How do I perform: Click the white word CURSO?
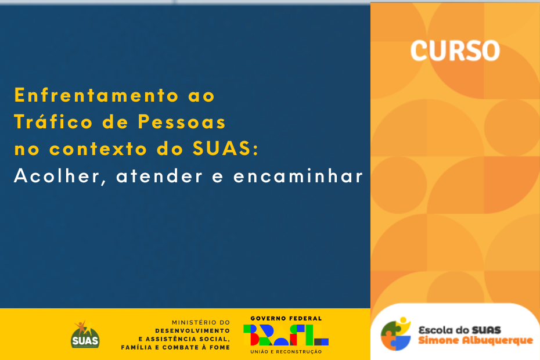455,51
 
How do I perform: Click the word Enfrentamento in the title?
96,95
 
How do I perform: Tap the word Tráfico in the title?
53,121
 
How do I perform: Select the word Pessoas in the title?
182,122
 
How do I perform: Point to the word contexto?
98,149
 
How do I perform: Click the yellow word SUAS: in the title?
225,149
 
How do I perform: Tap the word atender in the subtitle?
159,177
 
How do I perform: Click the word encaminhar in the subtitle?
298,176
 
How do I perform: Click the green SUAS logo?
85,334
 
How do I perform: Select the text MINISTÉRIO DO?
201,322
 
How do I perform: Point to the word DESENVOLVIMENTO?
193,331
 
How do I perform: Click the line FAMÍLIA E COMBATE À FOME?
175,347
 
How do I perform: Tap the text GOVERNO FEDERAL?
286,318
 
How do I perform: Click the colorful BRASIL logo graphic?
286,335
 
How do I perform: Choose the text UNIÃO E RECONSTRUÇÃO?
286,352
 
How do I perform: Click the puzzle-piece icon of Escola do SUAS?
395,334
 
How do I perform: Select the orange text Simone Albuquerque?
476,340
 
